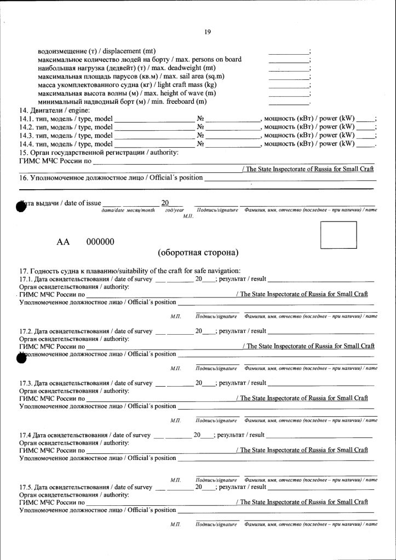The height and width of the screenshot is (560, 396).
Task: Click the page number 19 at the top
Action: click(x=208, y=32)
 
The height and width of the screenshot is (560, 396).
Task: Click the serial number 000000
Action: click(x=100, y=242)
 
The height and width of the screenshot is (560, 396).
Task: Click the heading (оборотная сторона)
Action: click(x=198, y=253)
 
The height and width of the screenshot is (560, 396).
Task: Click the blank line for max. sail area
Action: click(x=289, y=77)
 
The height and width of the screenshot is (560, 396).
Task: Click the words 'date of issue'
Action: click(x=83, y=203)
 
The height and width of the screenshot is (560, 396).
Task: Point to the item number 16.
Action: click(x=24, y=178)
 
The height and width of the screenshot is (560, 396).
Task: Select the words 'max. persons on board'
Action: click(x=208, y=60)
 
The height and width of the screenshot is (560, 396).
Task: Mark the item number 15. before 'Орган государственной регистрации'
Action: click(x=24, y=152)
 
